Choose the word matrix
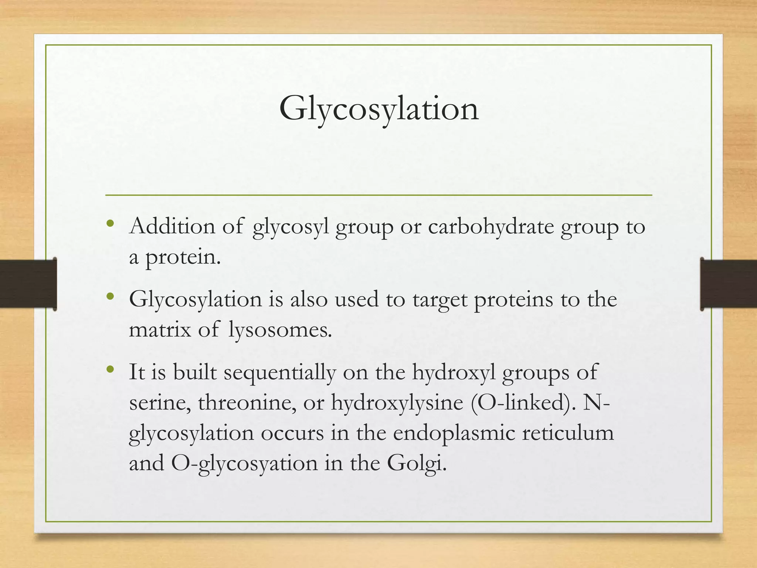[160, 329]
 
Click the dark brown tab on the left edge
[28, 284]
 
